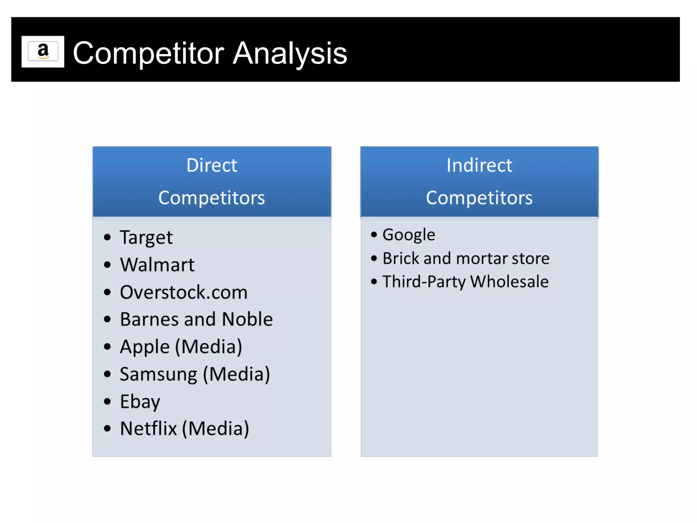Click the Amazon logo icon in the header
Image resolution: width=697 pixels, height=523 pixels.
[43, 51]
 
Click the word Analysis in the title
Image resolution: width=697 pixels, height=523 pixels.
[290, 53]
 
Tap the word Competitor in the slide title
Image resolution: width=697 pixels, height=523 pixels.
[148, 53]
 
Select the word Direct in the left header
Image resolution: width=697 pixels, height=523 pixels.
[212, 165]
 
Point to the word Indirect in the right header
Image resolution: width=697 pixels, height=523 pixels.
[479, 165]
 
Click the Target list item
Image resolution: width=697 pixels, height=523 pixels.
[146, 238]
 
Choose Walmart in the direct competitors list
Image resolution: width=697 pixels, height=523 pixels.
[157, 265]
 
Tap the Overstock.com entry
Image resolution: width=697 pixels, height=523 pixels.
[183, 292]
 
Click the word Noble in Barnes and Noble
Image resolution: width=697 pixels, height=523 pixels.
[247, 319]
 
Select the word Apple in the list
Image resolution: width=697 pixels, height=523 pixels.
[145, 347]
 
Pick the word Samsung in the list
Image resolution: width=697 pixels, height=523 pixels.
[158, 375]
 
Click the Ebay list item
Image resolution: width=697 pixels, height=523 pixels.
[140, 402]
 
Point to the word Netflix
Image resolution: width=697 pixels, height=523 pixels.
[148, 429]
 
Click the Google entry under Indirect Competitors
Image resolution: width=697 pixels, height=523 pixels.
[409, 235]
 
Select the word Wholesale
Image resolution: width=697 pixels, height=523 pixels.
[509, 282]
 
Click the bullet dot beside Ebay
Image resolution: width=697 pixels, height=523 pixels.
[108, 401]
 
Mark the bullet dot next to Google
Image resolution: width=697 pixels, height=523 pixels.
[374, 235]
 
